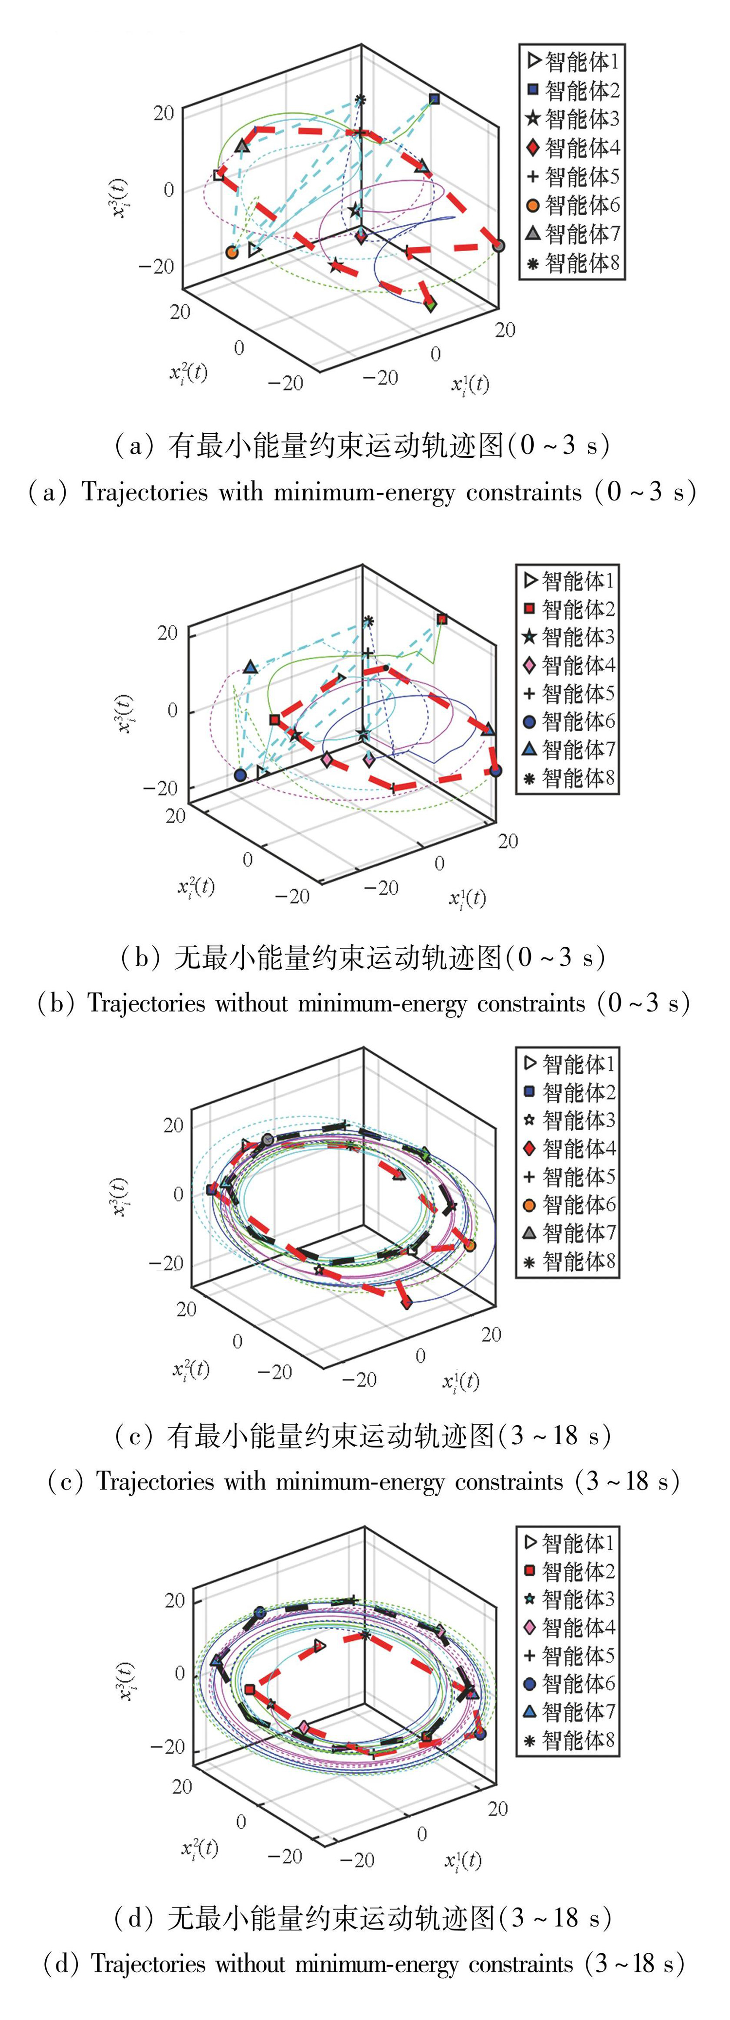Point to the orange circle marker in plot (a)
coord(231,252)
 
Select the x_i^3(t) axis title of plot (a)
coord(120,198)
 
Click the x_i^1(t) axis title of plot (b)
coord(467,898)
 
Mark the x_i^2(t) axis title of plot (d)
coord(200,1848)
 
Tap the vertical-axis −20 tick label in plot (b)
coord(161,787)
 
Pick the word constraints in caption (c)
coord(509,1481)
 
